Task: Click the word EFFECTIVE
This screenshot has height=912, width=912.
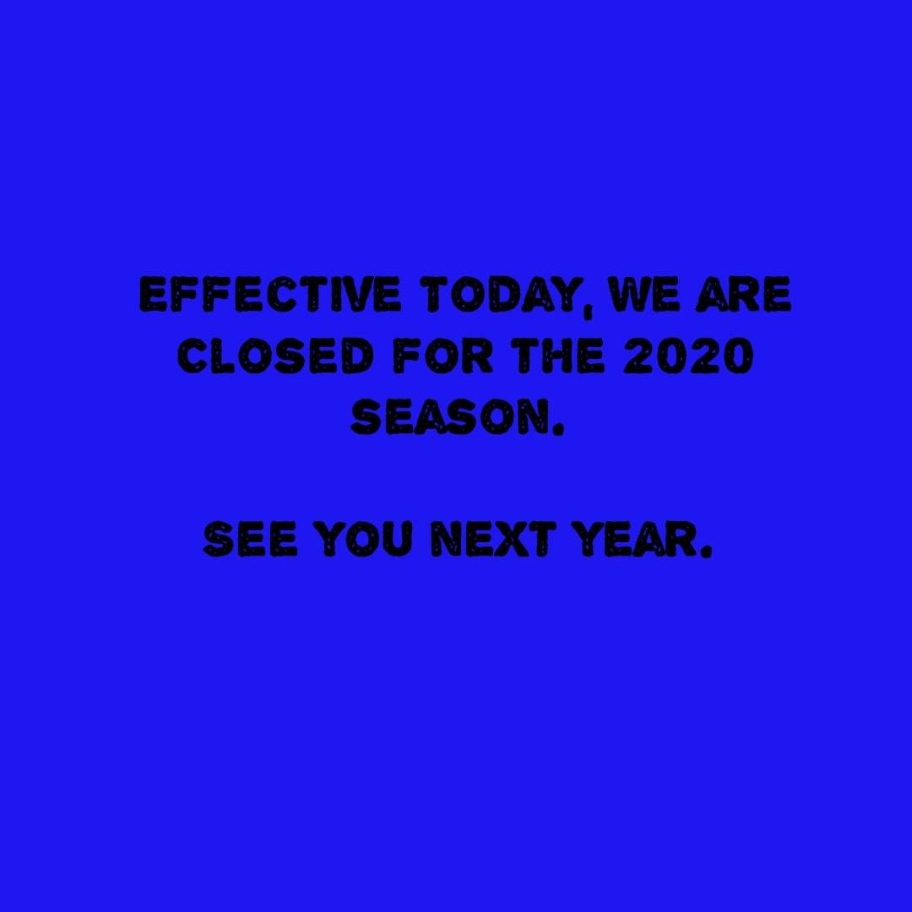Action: (270, 295)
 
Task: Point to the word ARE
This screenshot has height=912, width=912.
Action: (745, 295)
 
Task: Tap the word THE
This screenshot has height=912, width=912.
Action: (559, 356)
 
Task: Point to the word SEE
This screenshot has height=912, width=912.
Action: (251, 539)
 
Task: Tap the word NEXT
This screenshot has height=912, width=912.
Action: (491, 539)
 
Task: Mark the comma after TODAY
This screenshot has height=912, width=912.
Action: (589, 309)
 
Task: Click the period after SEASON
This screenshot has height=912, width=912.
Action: (557, 430)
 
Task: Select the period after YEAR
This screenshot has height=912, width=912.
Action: (704, 551)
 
